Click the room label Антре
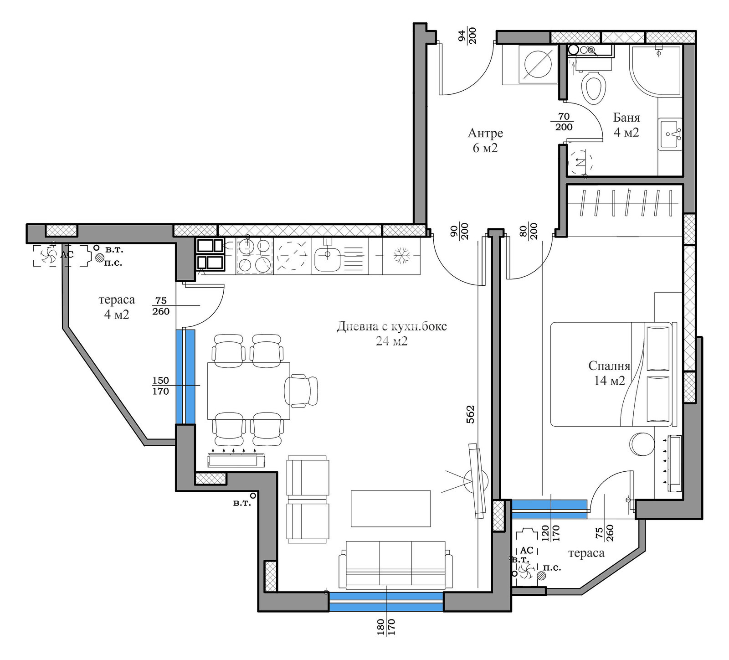485,133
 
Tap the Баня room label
626,118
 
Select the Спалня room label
609,366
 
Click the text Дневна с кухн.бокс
392,326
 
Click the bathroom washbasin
670,134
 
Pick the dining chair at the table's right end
301,391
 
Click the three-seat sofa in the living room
395,565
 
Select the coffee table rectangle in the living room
390,508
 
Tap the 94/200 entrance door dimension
467,36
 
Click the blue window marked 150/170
185,377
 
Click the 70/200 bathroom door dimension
564,122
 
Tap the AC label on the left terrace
67,255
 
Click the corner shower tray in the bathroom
656,70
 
